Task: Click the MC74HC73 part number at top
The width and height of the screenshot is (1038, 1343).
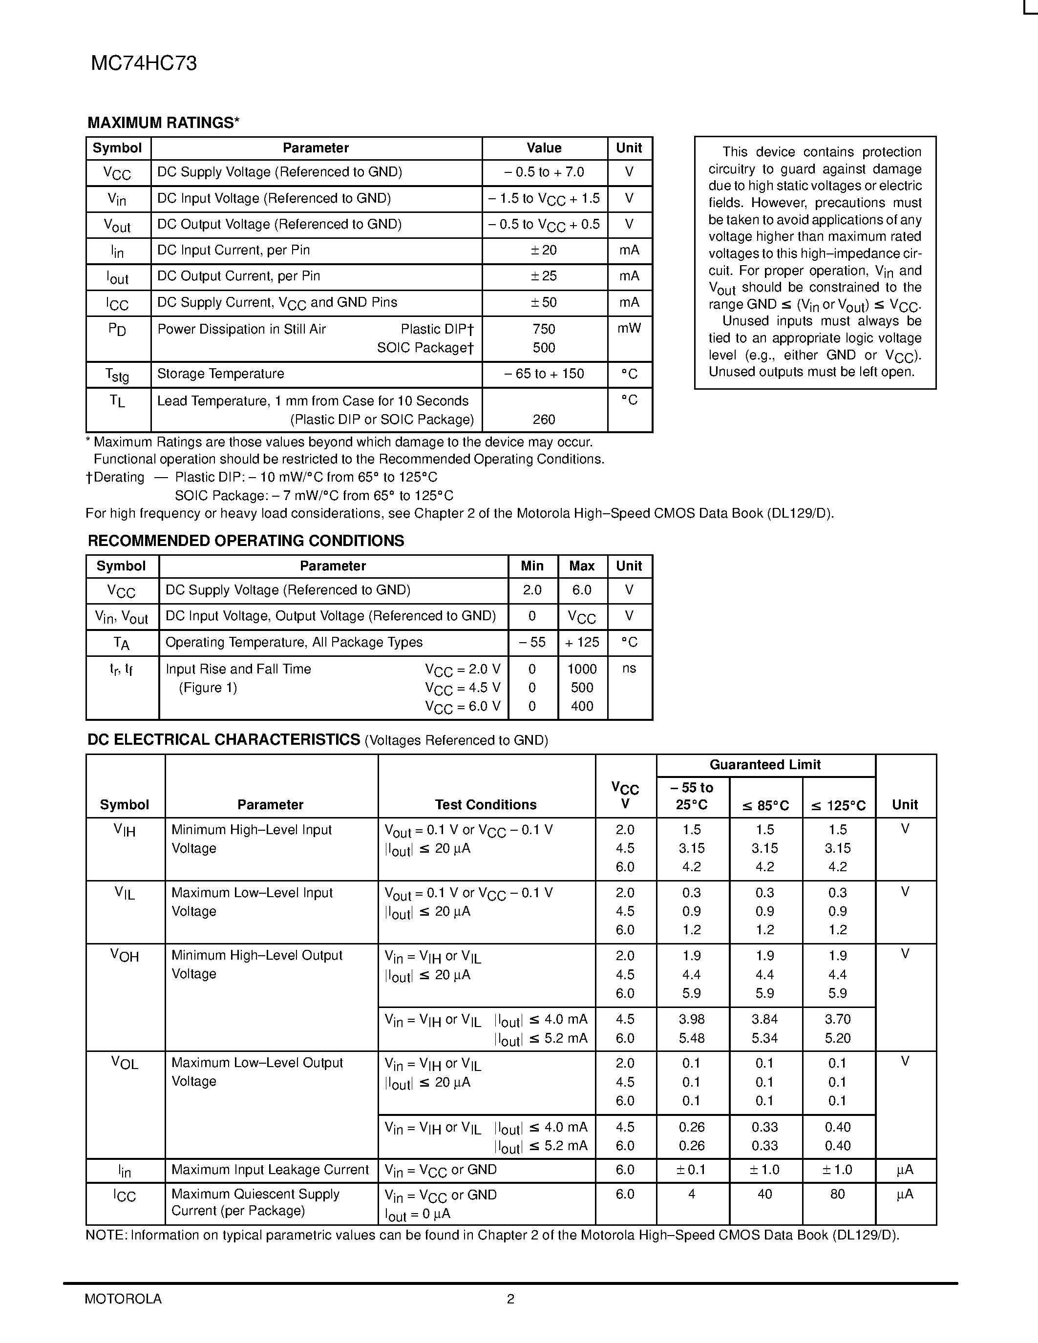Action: tap(144, 64)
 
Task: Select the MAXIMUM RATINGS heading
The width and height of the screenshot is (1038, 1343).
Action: tap(163, 123)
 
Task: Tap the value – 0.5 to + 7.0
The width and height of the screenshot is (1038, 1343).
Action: tap(544, 172)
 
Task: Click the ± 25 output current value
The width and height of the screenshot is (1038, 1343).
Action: tap(544, 276)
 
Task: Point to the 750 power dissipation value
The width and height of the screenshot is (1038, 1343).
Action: tap(544, 329)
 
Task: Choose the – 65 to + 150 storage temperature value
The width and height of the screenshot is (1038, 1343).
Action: tap(544, 374)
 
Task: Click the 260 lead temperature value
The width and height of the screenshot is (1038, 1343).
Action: tap(544, 420)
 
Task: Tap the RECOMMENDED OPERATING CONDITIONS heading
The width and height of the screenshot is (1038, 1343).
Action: tap(246, 541)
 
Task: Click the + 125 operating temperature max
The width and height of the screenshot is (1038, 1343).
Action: tap(582, 643)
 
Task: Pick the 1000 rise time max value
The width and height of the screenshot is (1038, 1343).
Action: tap(582, 669)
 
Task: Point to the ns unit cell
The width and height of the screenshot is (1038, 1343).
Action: tap(629, 669)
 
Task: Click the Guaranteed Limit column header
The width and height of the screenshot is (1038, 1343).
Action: tap(765, 765)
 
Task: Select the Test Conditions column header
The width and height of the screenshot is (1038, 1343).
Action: tap(486, 805)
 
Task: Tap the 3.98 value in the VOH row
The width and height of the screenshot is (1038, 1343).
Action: tap(692, 1020)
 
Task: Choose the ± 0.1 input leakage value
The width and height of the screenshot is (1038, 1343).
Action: tap(692, 1170)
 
